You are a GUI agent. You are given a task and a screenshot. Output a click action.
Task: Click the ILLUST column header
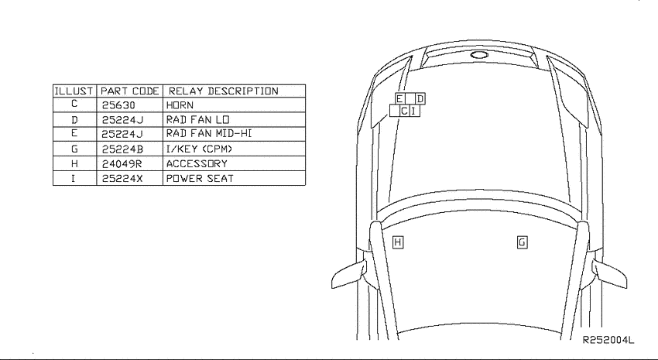tap(74, 91)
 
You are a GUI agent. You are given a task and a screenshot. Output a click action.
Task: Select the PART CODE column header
tap(130, 91)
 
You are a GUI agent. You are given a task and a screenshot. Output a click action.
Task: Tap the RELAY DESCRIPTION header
tap(223, 91)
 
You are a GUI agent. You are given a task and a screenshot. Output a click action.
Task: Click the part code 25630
tap(118, 105)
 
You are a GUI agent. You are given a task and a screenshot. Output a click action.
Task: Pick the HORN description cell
tap(180, 105)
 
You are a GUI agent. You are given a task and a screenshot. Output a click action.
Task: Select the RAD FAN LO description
tap(197, 120)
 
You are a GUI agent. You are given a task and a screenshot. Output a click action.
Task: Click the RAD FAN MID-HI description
tap(209, 133)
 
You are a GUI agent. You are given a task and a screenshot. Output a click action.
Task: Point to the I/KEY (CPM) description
tap(199, 149)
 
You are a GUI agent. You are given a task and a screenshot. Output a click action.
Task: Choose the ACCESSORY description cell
tap(197, 163)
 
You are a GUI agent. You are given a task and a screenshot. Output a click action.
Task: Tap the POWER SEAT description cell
tap(200, 178)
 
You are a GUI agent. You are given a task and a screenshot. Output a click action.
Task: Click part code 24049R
tap(122, 163)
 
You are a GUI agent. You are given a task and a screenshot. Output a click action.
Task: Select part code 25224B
tap(122, 149)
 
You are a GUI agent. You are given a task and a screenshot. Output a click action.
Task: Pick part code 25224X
tap(122, 178)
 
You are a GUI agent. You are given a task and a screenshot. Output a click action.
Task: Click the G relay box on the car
tap(522, 242)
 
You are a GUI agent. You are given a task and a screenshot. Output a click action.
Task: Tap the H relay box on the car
tap(397, 242)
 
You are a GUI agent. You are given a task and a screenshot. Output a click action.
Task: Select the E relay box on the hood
tap(400, 99)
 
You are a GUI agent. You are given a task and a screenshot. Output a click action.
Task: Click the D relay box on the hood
tap(420, 99)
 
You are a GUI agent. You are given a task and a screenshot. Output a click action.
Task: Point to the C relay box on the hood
tap(404, 111)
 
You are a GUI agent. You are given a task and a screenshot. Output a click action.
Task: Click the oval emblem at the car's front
tap(479, 54)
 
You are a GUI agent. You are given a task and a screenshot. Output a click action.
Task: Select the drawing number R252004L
tap(608, 339)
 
